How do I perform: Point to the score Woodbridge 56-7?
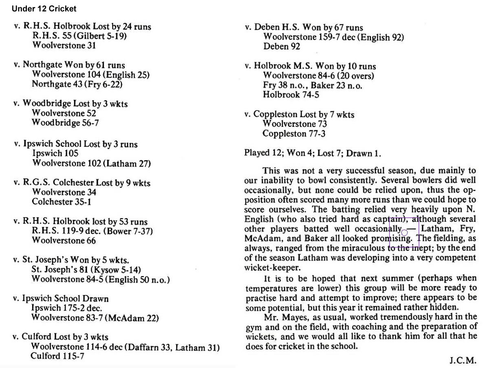[65, 123]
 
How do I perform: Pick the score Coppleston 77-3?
[294, 134]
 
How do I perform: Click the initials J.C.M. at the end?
[463, 360]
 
